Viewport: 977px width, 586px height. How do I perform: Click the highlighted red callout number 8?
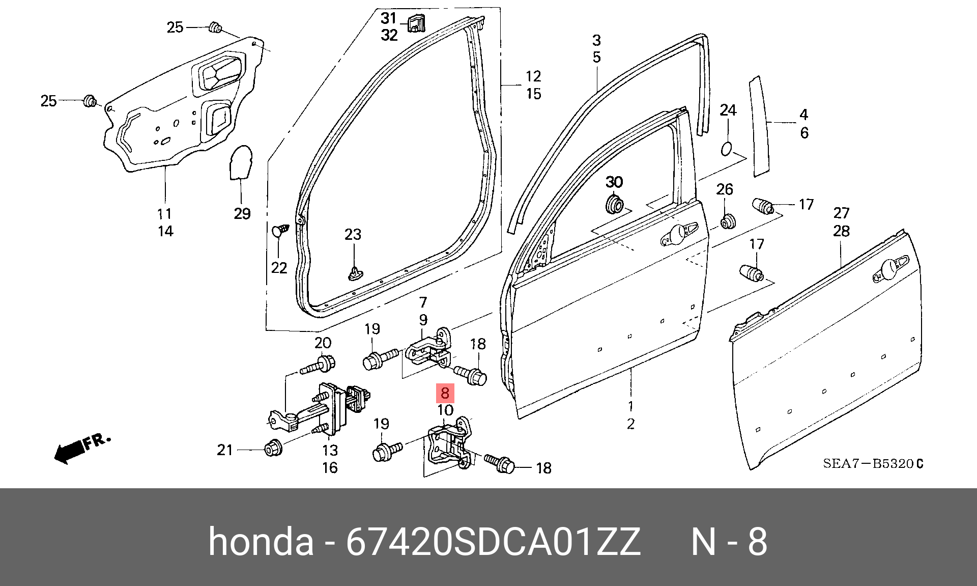(x=445, y=393)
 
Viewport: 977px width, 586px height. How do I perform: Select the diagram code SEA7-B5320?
(x=873, y=463)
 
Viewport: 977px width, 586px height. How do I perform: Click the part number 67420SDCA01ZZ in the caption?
(x=493, y=541)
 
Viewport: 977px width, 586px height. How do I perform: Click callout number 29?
(x=242, y=213)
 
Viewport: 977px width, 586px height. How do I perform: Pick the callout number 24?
(x=728, y=110)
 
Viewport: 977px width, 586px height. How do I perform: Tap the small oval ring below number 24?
(x=727, y=149)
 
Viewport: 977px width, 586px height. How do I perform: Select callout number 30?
(x=614, y=182)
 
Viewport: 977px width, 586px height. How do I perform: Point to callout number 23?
(x=353, y=234)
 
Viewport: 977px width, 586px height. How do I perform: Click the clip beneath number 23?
(x=355, y=273)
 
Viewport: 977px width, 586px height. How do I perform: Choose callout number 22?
(x=279, y=268)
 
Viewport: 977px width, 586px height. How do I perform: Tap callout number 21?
(x=225, y=450)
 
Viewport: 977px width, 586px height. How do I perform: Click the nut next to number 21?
(x=274, y=448)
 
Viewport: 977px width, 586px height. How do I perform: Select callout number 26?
(x=725, y=189)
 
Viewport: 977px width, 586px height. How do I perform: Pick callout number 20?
(x=323, y=343)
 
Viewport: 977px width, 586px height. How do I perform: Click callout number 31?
(x=389, y=18)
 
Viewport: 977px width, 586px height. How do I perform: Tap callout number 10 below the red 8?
(x=445, y=410)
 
